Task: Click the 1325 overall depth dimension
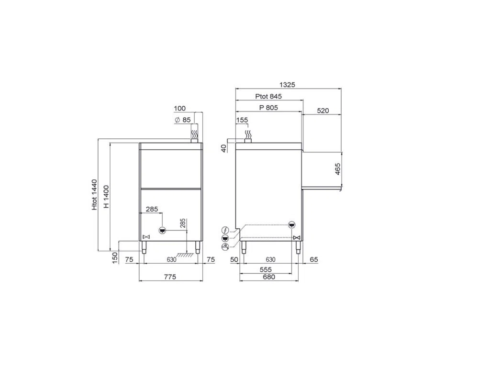click(x=287, y=85)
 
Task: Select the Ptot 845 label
click(x=268, y=96)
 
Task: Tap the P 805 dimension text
click(x=268, y=108)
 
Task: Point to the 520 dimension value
click(x=323, y=111)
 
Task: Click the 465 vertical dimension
click(x=337, y=169)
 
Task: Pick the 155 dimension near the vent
click(x=242, y=120)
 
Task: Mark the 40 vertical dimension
click(x=223, y=148)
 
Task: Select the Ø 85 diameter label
click(x=183, y=120)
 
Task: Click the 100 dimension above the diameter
click(x=180, y=109)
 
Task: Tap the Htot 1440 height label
click(x=95, y=194)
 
